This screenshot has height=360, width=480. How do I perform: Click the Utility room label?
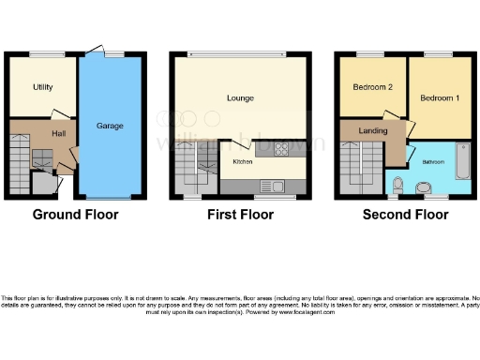42,87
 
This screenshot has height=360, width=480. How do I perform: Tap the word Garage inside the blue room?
110,125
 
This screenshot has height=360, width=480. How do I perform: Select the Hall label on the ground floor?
58,134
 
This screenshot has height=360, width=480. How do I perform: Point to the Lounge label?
241,98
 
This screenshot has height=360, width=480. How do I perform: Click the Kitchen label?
242,161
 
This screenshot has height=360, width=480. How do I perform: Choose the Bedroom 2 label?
371,87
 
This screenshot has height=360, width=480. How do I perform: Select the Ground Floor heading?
75,215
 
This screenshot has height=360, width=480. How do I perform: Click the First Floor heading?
240,215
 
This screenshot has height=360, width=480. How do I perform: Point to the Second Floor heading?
405,215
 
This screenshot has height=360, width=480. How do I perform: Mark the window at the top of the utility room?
42,56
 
